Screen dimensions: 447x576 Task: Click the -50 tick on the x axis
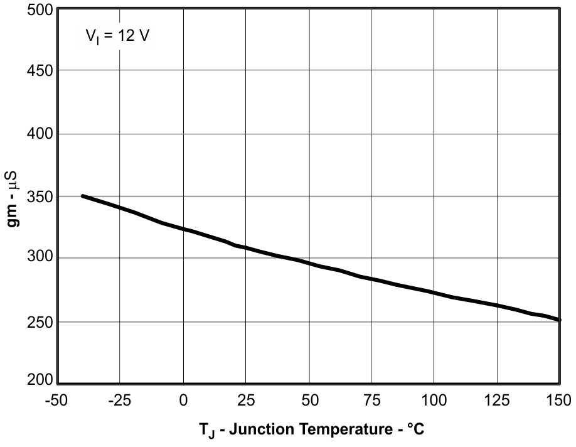tap(57, 400)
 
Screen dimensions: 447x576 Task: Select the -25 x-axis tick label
tap(119, 400)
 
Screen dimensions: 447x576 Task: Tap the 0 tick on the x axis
tap(183, 400)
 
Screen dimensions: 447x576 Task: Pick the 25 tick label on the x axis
tap(245, 400)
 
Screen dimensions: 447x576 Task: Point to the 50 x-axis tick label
tap(309, 400)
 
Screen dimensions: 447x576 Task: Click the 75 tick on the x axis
tap(371, 400)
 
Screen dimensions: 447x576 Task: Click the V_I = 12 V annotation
tap(118, 37)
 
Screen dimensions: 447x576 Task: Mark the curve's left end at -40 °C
tap(82, 196)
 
